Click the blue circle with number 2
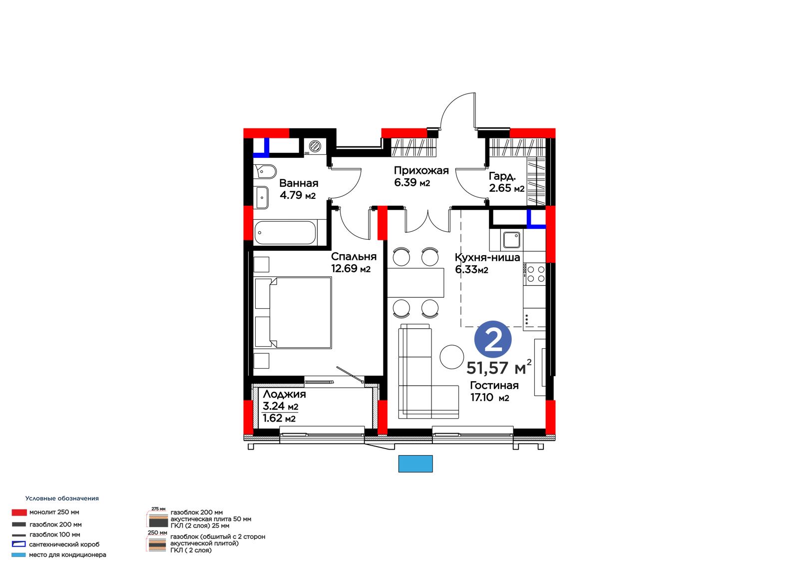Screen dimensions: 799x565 (492, 339)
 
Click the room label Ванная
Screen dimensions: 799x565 (299, 183)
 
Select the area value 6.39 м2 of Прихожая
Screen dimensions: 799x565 (411, 182)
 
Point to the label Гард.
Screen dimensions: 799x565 (502, 176)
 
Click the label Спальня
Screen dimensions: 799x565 (354, 256)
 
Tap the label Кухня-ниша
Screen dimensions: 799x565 (487, 257)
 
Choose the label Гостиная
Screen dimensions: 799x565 (494, 385)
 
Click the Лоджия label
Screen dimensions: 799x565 (284, 394)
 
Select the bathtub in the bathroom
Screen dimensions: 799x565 (285, 232)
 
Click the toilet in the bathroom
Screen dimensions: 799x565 (265, 171)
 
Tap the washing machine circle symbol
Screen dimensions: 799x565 (315, 146)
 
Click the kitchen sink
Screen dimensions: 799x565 (511, 240)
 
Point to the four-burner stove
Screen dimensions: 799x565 (534, 274)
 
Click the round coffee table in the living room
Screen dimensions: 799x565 (451, 357)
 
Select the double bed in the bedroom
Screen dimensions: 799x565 (294, 312)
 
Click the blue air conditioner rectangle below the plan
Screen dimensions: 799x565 (415, 464)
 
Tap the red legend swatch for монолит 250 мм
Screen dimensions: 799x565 (19, 512)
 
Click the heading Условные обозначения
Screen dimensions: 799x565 (62, 498)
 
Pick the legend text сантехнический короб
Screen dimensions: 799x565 (64, 545)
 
